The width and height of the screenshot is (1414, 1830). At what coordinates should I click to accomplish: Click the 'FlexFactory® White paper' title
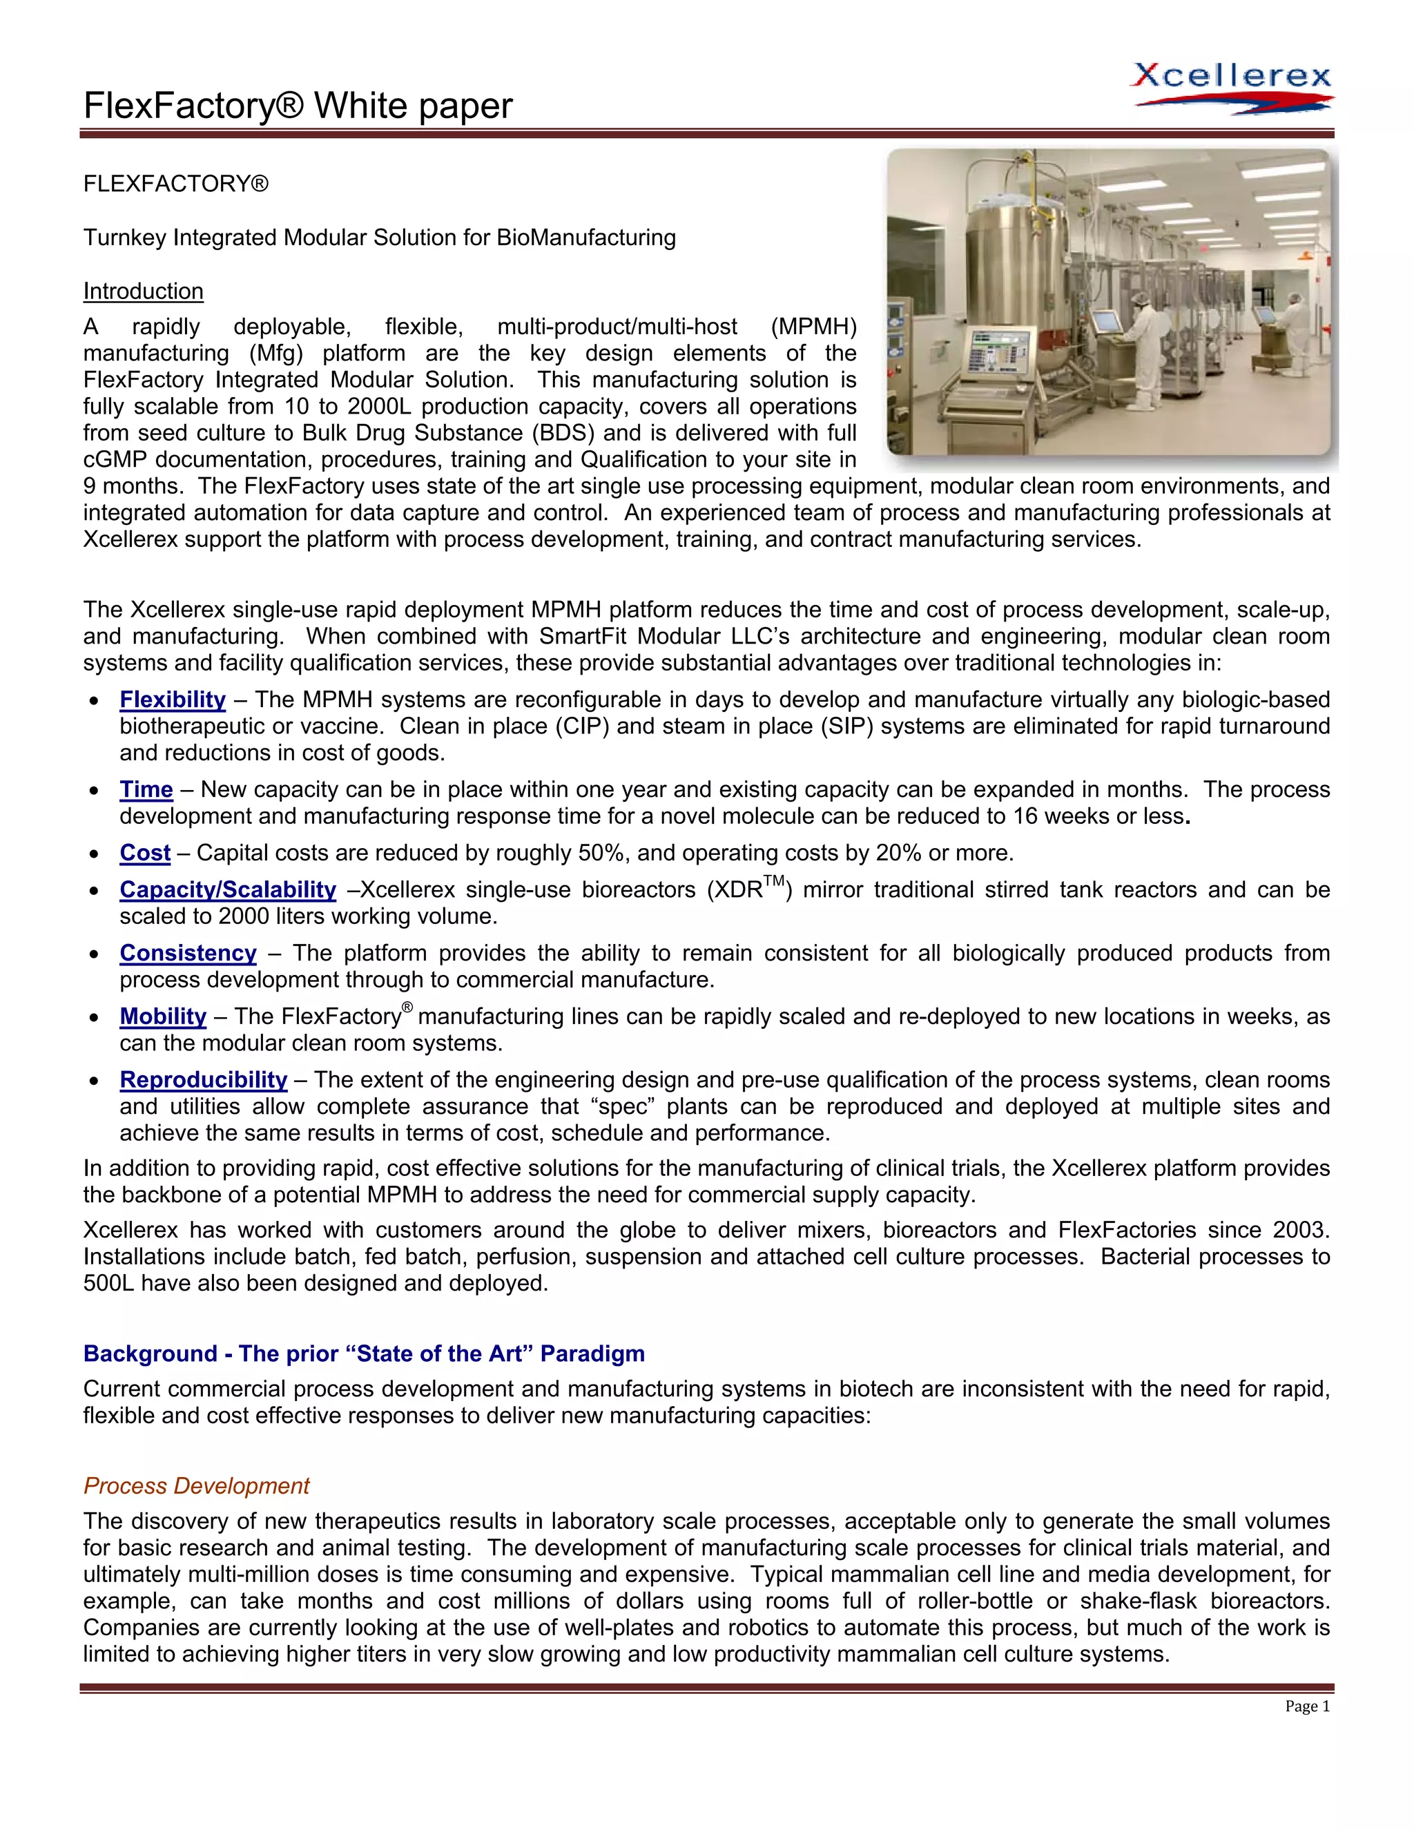coord(298,106)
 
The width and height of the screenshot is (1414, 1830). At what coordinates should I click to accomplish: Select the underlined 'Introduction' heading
coord(143,291)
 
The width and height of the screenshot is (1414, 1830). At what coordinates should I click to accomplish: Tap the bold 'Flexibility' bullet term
coord(173,700)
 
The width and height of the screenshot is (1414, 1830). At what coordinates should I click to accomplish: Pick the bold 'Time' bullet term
coord(146,789)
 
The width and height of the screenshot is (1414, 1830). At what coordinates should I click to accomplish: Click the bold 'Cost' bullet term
coord(145,853)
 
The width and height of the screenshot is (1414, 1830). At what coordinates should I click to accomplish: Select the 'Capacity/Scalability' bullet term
coord(228,890)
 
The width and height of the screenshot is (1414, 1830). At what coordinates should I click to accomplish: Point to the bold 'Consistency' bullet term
coord(188,954)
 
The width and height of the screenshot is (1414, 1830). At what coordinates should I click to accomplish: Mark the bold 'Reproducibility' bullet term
coord(204,1080)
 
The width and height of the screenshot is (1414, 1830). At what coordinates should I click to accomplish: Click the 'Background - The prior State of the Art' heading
coord(364,1354)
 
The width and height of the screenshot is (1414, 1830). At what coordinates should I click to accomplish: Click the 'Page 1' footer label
coord(1307,1707)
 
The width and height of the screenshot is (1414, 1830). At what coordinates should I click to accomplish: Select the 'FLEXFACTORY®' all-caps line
coord(176,184)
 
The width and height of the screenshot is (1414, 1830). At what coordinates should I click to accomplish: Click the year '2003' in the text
coord(1299,1230)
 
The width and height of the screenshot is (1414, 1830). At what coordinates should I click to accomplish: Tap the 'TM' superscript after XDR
coord(773,880)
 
